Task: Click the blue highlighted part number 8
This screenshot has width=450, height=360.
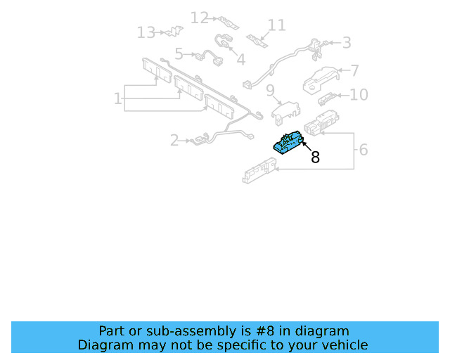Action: point(288,143)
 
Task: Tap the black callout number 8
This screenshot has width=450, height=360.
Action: point(315,157)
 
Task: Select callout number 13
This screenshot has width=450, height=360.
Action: point(146,32)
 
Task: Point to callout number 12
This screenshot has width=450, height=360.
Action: point(200,18)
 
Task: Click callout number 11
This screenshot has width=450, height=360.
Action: point(276,25)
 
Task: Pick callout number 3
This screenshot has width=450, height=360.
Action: point(347,43)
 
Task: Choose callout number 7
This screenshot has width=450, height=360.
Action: point(354,70)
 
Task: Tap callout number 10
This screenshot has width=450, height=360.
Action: point(359,95)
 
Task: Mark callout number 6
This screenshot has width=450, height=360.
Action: point(364,150)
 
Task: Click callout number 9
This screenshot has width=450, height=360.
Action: point(270,91)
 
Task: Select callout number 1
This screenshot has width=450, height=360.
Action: point(117,98)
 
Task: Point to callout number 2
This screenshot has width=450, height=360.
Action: point(174,141)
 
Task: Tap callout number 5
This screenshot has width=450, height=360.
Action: point(179,54)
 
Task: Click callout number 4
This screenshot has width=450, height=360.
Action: point(240,60)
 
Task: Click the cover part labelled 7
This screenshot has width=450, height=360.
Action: point(321,80)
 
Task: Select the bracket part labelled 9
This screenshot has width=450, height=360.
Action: point(286,113)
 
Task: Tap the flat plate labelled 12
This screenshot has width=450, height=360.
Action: point(229,23)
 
